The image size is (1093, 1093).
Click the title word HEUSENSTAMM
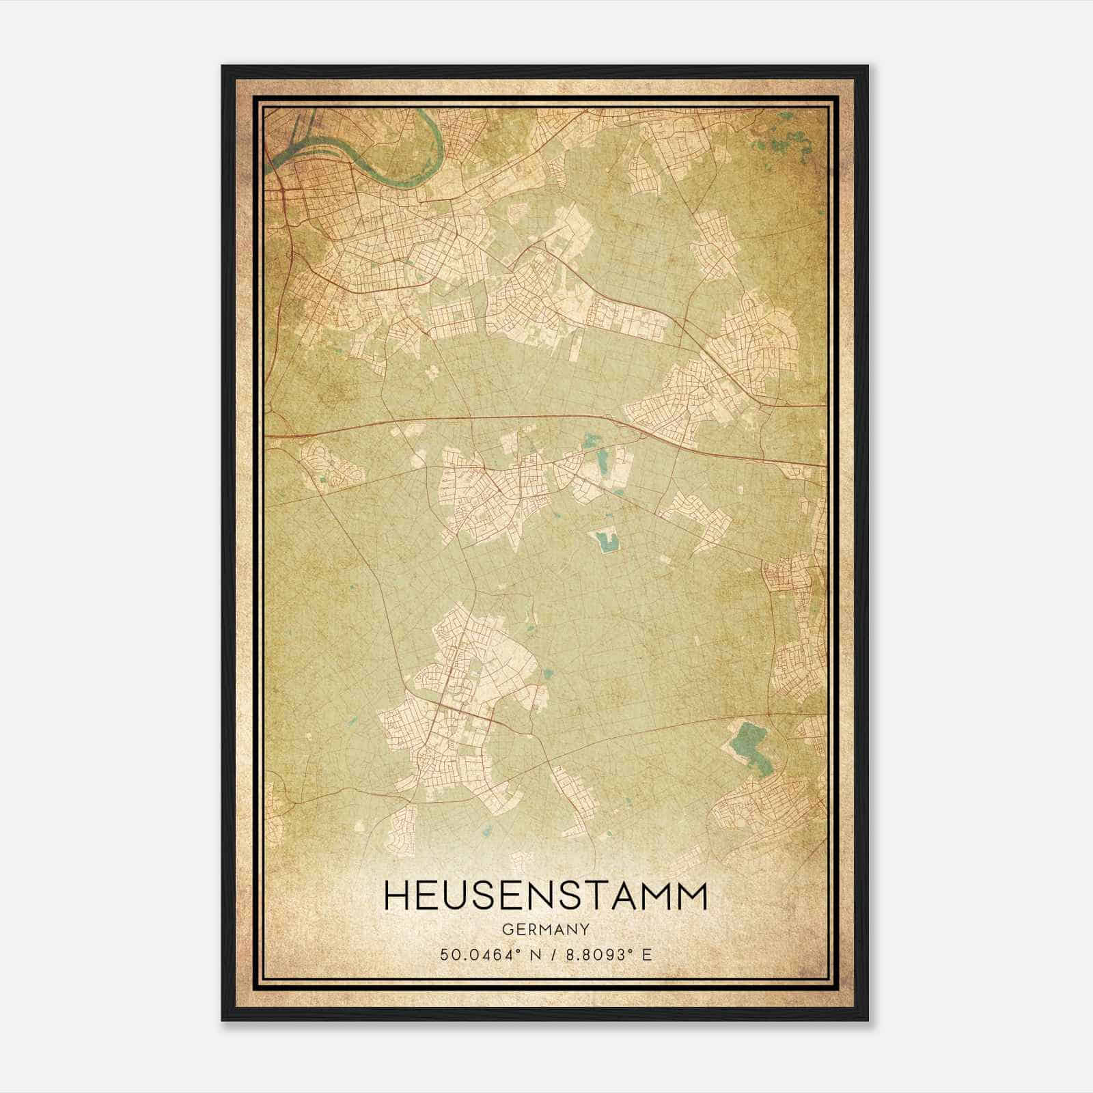click(x=546, y=896)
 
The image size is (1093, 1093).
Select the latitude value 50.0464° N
click(x=489, y=954)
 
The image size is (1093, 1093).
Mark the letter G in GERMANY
click(x=506, y=929)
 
